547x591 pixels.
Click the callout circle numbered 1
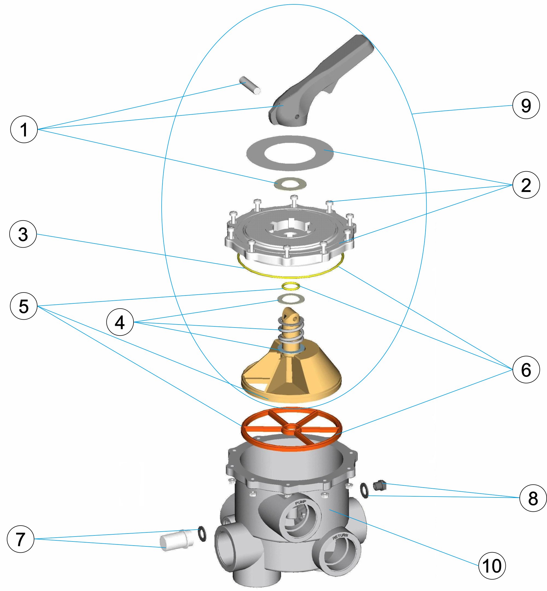(x=24, y=129)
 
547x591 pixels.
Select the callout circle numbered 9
(x=526, y=105)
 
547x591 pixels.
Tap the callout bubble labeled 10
(x=492, y=566)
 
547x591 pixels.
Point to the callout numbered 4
(x=120, y=322)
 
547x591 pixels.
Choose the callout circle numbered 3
(x=23, y=234)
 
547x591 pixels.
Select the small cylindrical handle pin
(x=249, y=85)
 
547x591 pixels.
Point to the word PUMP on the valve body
(x=300, y=502)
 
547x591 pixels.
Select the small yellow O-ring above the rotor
(x=291, y=286)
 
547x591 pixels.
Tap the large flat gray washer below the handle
(x=290, y=153)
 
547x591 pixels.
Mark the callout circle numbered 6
(x=526, y=370)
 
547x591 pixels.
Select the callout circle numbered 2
(x=526, y=185)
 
